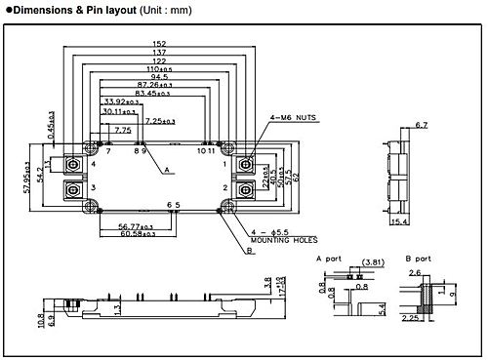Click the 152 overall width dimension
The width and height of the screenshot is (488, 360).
159,44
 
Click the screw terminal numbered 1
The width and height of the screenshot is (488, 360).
244,164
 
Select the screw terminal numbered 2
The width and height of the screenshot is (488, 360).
244,188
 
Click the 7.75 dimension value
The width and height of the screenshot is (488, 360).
122,130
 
